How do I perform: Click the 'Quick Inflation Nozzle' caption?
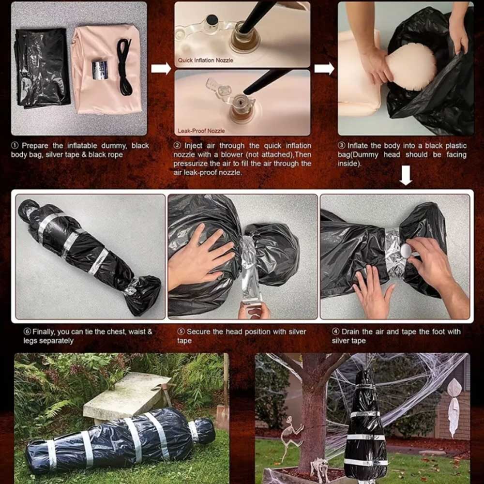tap(205, 60)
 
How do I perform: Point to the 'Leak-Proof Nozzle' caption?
tap(201, 131)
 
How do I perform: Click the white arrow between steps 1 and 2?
tap(161, 68)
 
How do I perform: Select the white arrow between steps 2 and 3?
tap(324, 68)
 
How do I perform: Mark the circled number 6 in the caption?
tap(28, 332)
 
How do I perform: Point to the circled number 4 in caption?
tap(335, 332)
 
